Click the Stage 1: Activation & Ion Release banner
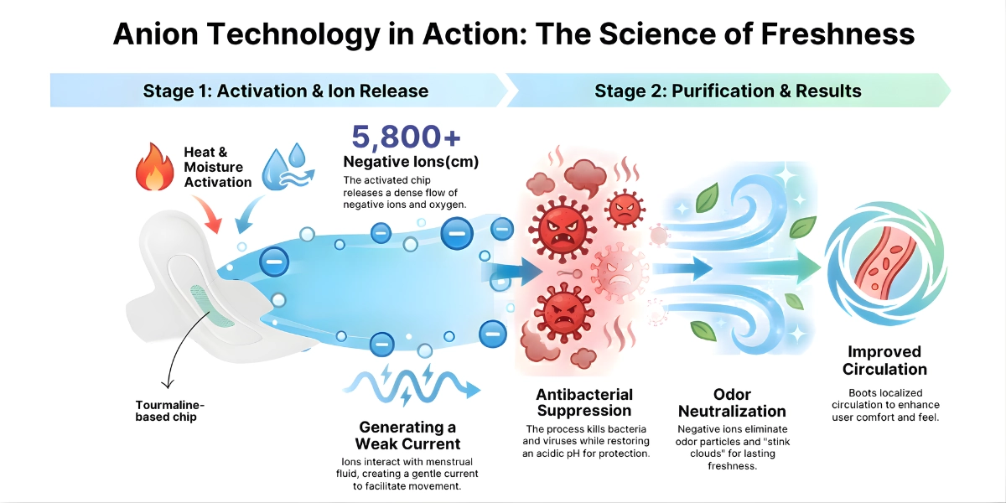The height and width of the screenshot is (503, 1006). (285, 91)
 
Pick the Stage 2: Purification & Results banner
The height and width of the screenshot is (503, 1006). (728, 91)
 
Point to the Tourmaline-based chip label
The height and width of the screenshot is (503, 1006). (169, 411)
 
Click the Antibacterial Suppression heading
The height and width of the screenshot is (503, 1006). (584, 402)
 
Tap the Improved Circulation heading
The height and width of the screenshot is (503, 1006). (884, 360)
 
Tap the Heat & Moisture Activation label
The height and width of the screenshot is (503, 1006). (217, 167)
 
